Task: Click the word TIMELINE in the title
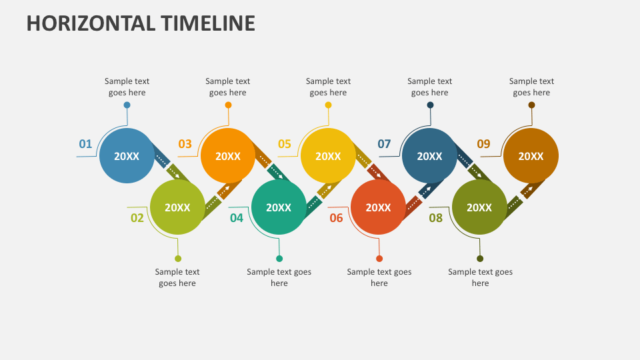click(208, 23)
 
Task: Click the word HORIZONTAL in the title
click(91, 23)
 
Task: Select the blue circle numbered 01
click(127, 156)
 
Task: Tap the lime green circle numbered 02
click(177, 207)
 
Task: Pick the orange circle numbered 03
click(228, 156)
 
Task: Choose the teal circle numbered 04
click(279, 207)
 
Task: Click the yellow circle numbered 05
click(328, 156)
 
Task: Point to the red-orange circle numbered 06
click(378, 207)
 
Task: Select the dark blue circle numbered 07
click(429, 156)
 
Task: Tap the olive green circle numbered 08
click(479, 207)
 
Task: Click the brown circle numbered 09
click(531, 156)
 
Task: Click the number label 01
click(85, 144)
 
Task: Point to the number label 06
click(336, 218)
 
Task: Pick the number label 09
click(483, 144)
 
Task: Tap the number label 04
click(237, 218)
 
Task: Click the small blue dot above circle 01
click(127, 105)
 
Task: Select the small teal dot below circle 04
click(279, 259)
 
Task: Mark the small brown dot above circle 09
click(531, 105)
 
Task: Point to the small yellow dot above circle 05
click(328, 105)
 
